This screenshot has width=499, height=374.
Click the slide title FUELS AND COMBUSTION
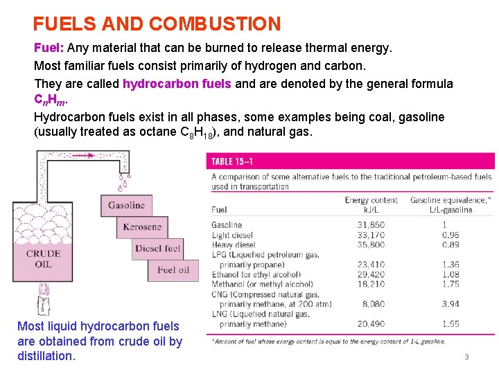click(157, 24)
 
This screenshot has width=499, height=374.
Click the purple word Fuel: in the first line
click(49, 49)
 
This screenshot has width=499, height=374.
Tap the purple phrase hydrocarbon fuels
click(178, 84)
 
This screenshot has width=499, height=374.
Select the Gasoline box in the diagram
click(126, 205)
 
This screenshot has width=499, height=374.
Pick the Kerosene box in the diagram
click(142, 226)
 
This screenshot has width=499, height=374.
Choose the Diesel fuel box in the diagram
click(158, 249)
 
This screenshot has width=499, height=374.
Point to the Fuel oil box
click(173, 270)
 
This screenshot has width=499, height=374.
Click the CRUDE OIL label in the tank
click(43, 258)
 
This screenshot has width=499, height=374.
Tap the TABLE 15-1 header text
click(231, 161)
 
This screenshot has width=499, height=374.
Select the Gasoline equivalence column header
click(450, 204)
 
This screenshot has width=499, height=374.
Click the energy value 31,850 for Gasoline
click(371, 225)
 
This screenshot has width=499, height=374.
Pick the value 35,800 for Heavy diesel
click(371, 244)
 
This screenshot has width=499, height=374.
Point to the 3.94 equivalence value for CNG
click(450, 303)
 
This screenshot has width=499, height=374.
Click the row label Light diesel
click(232, 235)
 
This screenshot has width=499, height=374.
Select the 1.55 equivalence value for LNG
click(450, 323)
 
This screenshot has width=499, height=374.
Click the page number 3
click(466, 357)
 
